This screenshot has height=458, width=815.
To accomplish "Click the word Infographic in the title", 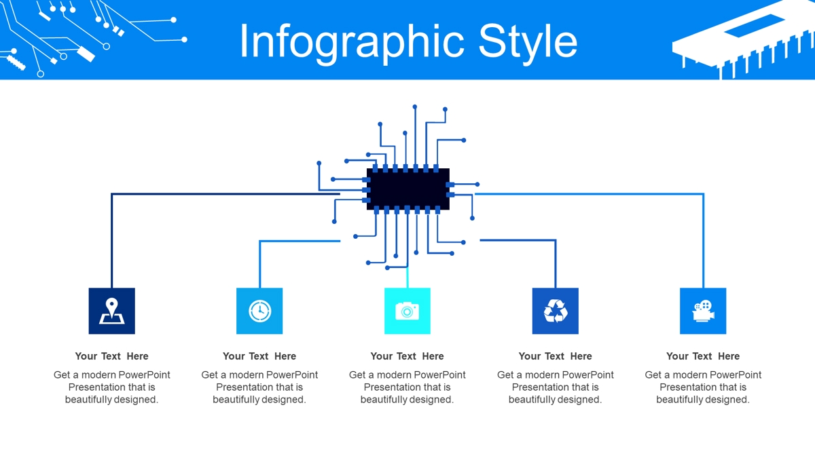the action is tap(352, 42).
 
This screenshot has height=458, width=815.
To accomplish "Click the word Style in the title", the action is tap(528, 42).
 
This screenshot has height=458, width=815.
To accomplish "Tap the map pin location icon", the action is tap(111, 311).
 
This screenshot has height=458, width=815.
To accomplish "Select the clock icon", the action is tap(259, 311).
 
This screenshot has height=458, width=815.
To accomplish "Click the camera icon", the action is tap(407, 311).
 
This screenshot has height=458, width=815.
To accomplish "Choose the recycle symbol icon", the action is tap(556, 311).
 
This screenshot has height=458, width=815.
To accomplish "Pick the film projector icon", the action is tap(703, 311).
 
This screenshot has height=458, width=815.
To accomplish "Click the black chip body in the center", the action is tap(408, 189).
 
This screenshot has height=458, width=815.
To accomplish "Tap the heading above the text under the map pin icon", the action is tap(111, 356).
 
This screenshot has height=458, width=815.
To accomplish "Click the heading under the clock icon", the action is tap(259, 356).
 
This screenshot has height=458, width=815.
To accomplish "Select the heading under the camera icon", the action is tap(407, 356).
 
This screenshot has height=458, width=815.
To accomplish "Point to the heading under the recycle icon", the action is tap(556, 356).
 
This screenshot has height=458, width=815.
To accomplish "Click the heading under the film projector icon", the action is tap(703, 356).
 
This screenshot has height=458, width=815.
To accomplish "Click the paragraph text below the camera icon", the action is tap(407, 387).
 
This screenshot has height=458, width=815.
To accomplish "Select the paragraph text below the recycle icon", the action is tap(556, 387).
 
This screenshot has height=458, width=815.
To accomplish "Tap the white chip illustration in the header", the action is tap(742, 40).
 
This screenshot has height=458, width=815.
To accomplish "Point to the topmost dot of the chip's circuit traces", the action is tap(415, 107).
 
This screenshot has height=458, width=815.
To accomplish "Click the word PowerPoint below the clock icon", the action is tap(291, 375).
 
